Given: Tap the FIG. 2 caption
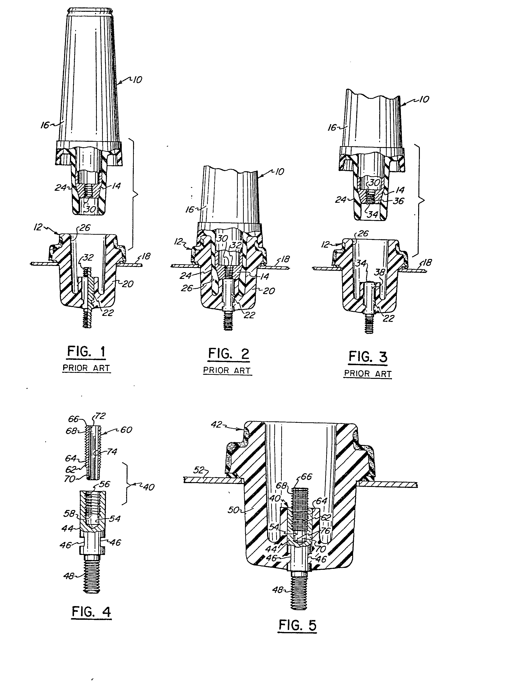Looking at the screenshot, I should coord(228,354).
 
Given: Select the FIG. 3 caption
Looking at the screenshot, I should coord(368,357).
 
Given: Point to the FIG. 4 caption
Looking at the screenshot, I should coord(91,612).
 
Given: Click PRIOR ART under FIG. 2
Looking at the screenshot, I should coord(227,371).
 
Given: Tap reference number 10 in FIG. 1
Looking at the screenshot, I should coord(137,80).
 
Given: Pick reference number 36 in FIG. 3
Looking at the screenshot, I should coord(398,201).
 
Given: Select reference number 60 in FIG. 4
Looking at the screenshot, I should coord(126,430).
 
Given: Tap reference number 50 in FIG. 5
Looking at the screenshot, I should coord(233,510).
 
